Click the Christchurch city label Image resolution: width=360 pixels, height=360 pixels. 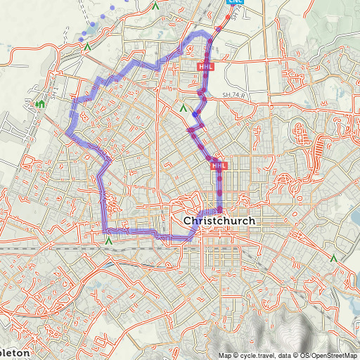point(219,221)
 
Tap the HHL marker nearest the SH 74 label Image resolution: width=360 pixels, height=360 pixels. point(206,67)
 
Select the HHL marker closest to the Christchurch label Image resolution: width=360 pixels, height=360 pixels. point(219,165)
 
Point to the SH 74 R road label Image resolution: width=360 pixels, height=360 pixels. point(236,95)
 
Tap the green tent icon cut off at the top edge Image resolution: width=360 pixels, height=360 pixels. point(155,5)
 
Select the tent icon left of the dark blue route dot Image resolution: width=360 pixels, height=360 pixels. point(183,109)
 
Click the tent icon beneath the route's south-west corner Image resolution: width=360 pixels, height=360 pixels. point(108,240)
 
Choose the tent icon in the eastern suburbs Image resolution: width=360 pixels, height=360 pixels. point(333,259)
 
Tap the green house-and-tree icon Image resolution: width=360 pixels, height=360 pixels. point(40,105)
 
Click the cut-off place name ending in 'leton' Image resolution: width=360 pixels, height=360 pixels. point(15,352)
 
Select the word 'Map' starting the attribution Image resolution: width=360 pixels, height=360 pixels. point(224,355)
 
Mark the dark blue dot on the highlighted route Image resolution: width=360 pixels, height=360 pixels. point(194,115)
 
